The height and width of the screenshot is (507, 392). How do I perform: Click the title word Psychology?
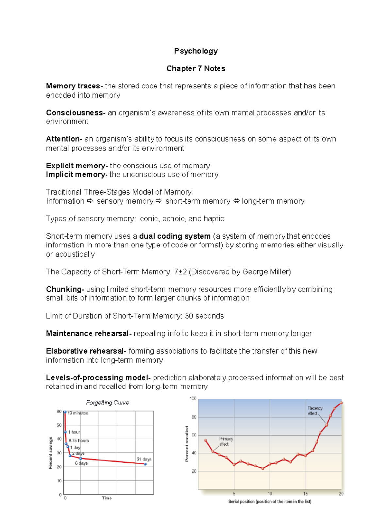196,51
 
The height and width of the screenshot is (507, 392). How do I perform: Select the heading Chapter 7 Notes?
196,69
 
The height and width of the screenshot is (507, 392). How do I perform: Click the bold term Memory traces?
73,86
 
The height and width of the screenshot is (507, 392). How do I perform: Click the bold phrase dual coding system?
175,236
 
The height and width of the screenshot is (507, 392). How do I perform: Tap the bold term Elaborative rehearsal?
85,351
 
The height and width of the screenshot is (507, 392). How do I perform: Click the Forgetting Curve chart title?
107,403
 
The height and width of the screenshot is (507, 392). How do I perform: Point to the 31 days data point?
145,464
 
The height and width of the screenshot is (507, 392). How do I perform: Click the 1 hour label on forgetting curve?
74,432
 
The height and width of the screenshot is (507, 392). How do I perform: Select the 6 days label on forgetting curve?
81,463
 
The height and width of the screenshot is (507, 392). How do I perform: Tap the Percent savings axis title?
51,453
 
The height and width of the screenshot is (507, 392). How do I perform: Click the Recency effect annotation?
315,411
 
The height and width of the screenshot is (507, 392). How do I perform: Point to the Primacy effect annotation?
226,441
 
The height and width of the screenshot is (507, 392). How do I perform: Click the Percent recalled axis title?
187,444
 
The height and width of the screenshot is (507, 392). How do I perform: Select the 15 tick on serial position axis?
305,494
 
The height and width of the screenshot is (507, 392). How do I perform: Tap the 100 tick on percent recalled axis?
193,399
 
